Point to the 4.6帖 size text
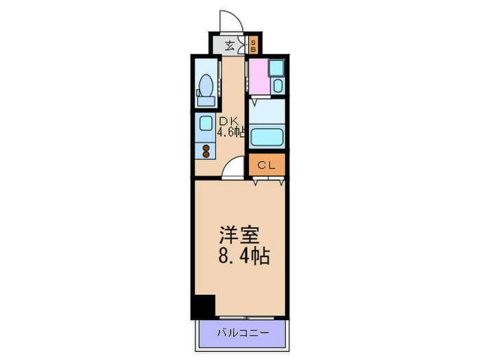tap(232, 132)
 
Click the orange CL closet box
tap(267, 165)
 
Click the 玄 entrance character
tap(231, 47)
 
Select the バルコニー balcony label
tap(239, 334)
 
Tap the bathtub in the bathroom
tap(267, 136)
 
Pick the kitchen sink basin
tap(205, 124)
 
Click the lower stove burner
tap(205, 155)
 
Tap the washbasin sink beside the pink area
tap(277, 87)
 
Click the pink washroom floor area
tap(259, 79)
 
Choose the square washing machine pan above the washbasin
tap(276, 68)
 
